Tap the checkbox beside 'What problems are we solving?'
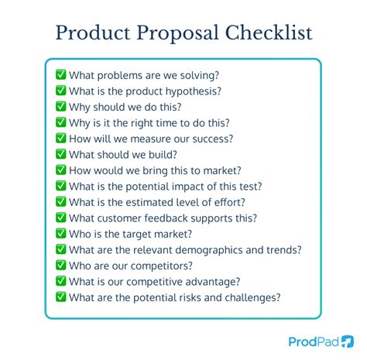60,75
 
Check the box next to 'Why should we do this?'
60,107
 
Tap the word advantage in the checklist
212,282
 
